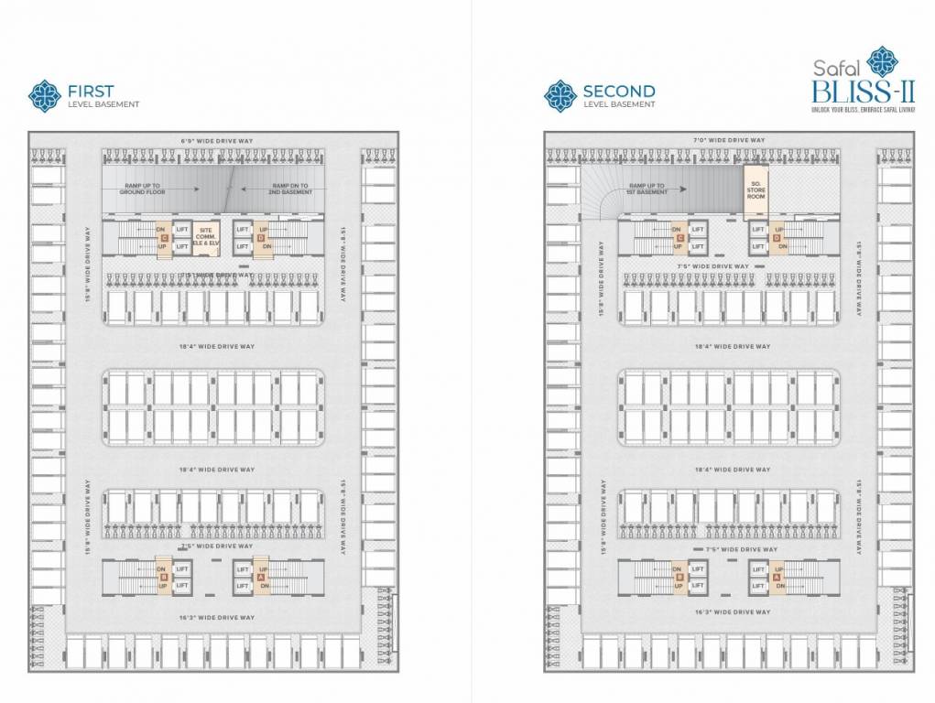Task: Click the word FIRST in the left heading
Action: click(x=90, y=91)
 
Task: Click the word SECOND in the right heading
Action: click(x=619, y=91)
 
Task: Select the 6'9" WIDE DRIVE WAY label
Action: click(x=217, y=140)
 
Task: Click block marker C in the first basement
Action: click(x=165, y=238)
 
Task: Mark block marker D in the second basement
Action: click(x=777, y=238)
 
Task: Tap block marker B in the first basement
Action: click(x=164, y=577)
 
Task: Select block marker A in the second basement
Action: click(x=777, y=577)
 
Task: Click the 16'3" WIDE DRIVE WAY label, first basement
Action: click(x=217, y=618)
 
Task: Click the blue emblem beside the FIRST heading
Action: click(x=43, y=95)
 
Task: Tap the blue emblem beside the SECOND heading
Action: click(x=560, y=95)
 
